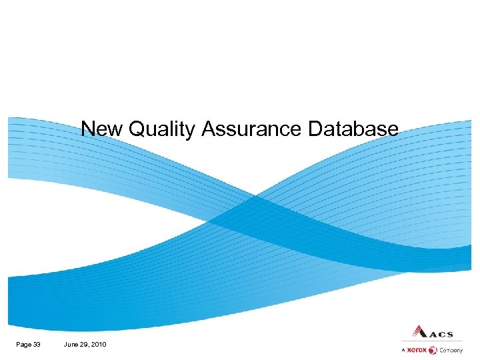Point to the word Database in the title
click(353, 128)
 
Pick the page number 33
click(36, 344)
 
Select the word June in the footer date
click(71, 344)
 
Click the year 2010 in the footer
click(99, 344)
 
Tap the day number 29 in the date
click(85, 344)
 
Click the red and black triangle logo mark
click(416, 331)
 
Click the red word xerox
click(417, 350)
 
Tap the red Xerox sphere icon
click(433, 350)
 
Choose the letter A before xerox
click(403, 350)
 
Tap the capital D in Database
click(315, 128)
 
